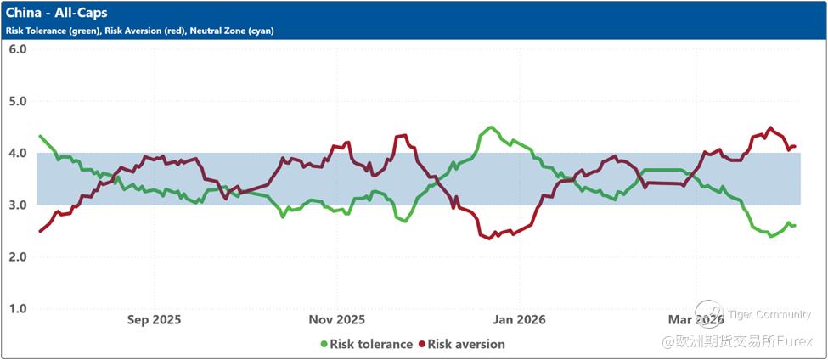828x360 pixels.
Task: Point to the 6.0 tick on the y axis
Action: pyautogui.click(x=18, y=49)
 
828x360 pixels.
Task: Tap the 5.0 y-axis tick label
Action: pyautogui.click(x=18, y=101)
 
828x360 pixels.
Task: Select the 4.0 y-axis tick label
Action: pyautogui.click(x=18, y=154)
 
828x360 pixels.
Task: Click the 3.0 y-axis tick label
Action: pyautogui.click(x=18, y=205)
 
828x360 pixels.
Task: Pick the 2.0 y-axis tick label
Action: pyautogui.click(x=18, y=257)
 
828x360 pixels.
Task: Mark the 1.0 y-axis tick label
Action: pyautogui.click(x=18, y=309)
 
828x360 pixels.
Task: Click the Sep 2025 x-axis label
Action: pyautogui.click(x=154, y=320)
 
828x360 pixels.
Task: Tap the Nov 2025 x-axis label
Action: pyautogui.click(x=336, y=320)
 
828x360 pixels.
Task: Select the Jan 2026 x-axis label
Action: pyautogui.click(x=519, y=320)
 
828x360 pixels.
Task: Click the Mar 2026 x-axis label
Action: pyautogui.click(x=696, y=320)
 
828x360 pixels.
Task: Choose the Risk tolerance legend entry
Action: pyautogui.click(x=371, y=345)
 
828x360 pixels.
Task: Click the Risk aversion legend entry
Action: pyautogui.click(x=466, y=345)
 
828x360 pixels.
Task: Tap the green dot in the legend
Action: pyautogui.click(x=324, y=345)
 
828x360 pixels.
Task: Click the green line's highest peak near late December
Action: pyautogui.click(x=491, y=127)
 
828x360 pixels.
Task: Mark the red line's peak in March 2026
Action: pyautogui.click(x=770, y=128)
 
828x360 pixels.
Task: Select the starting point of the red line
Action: pyautogui.click(x=40, y=231)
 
